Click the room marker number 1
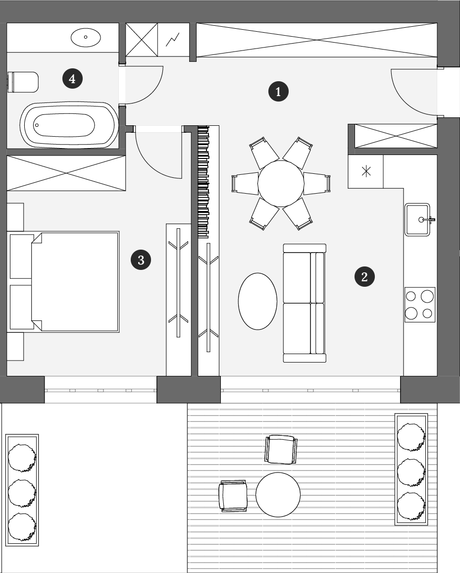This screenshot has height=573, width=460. [278, 91]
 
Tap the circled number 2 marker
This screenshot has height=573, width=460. [364, 277]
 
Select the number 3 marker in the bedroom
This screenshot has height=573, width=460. [141, 260]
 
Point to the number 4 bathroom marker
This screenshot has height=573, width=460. [72, 79]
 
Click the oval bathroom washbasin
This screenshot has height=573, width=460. [86, 37]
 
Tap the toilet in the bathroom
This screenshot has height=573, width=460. [23, 82]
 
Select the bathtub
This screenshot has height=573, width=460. [69, 125]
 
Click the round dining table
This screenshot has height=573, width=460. [281, 183]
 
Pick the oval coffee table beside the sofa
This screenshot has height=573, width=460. [257, 302]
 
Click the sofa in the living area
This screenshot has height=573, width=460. [305, 303]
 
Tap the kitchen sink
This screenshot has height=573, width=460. [418, 219]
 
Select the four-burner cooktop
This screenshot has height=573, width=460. [420, 305]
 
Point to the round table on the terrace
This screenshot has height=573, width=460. [278, 495]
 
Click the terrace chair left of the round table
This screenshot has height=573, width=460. [233, 496]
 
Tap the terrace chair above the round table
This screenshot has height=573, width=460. [281, 449]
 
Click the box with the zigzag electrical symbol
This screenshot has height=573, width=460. [173, 40]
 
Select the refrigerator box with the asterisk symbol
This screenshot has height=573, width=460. [366, 171]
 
